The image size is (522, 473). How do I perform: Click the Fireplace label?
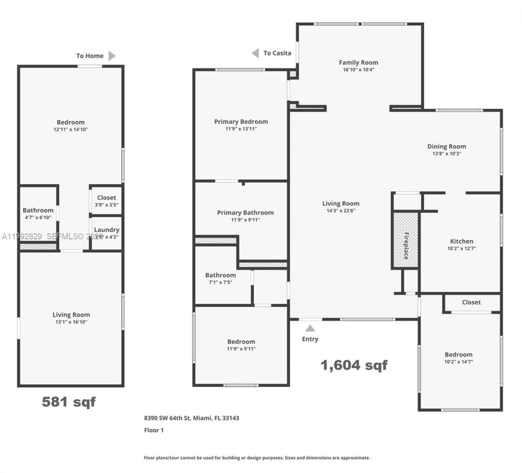coord(406,246)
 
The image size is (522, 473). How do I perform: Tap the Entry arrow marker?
coord(310,328)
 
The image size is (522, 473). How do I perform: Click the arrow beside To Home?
coord(112,56)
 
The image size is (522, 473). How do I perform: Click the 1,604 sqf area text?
coord(354,365)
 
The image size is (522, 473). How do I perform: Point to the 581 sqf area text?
coord(69,402)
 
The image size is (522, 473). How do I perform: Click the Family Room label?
coord(358,62)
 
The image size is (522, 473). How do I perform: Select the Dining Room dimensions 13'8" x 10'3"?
coord(447,154)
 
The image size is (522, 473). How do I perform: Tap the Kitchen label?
coord(461,241)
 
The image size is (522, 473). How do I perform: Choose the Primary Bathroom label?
coord(245,213)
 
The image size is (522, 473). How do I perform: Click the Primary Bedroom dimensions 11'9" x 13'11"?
coord(241,129)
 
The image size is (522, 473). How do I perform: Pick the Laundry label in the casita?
coord(106,230)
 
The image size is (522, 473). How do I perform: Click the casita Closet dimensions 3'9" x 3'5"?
coord(106,205)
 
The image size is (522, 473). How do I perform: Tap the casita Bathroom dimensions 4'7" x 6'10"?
coord(38,218)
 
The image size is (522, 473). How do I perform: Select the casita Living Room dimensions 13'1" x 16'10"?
coord(71,322)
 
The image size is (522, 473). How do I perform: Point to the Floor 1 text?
coord(154,430)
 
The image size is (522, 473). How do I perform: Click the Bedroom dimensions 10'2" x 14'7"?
coord(458,362)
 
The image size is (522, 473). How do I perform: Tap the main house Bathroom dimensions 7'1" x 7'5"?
coord(220,282)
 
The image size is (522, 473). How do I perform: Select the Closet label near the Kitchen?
coord(471,302)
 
